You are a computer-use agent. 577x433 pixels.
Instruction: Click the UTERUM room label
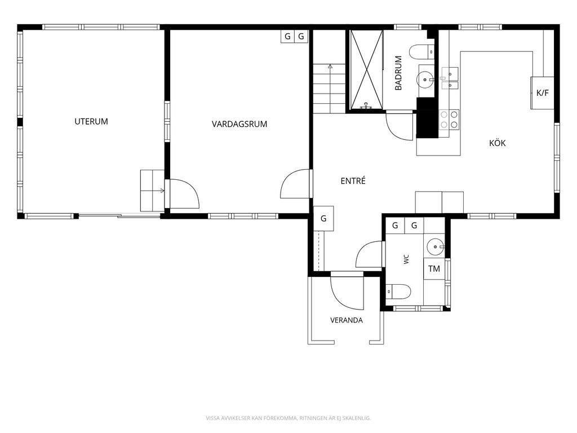[x=91, y=122]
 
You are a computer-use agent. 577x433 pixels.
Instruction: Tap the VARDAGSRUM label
[x=239, y=124]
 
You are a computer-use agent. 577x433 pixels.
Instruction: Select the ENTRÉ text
[x=353, y=181]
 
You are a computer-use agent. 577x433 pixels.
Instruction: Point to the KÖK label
[x=498, y=143]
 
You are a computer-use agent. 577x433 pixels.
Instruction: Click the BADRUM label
[x=398, y=73]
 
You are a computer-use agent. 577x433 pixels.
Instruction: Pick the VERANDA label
[x=347, y=320]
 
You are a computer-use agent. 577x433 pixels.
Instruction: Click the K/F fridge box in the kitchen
[x=542, y=93]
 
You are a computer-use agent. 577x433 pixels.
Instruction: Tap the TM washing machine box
[x=434, y=269]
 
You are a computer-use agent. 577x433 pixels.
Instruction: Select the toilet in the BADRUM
[x=421, y=52]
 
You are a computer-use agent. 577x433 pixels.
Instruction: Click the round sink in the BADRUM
[x=425, y=79]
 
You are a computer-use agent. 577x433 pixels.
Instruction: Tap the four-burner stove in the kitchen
[x=449, y=120]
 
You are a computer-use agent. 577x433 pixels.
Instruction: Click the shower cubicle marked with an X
[x=366, y=69]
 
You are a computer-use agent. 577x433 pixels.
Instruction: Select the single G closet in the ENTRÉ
[x=323, y=218]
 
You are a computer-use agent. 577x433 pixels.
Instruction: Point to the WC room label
[x=406, y=259]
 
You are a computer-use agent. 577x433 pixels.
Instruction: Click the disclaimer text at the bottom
[x=288, y=418]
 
